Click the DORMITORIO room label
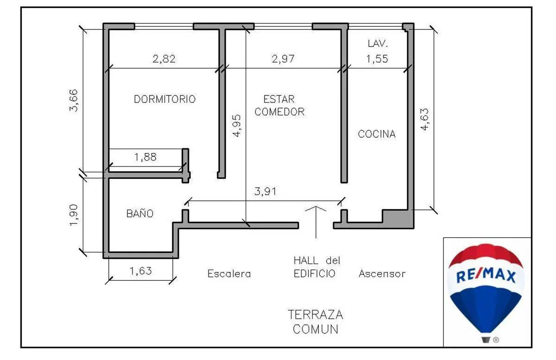click(x=165, y=99)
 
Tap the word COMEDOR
click(x=279, y=112)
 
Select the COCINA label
click(x=377, y=134)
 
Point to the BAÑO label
click(x=140, y=213)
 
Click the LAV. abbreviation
click(x=378, y=44)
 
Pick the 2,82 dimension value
click(x=164, y=59)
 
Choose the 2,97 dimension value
click(x=283, y=59)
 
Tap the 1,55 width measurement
click(x=377, y=59)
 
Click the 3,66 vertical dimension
click(x=74, y=101)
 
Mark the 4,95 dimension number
click(x=237, y=126)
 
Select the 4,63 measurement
click(x=424, y=119)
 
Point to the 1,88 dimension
click(x=145, y=157)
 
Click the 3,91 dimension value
click(x=265, y=191)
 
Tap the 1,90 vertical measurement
click(x=74, y=215)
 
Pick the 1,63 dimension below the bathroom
click(x=140, y=271)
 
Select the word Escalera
click(x=229, y=274)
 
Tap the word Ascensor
click(x=382, y=274)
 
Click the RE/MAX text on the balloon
click(x=486, y=276)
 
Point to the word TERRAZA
click(x=316, y=315)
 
